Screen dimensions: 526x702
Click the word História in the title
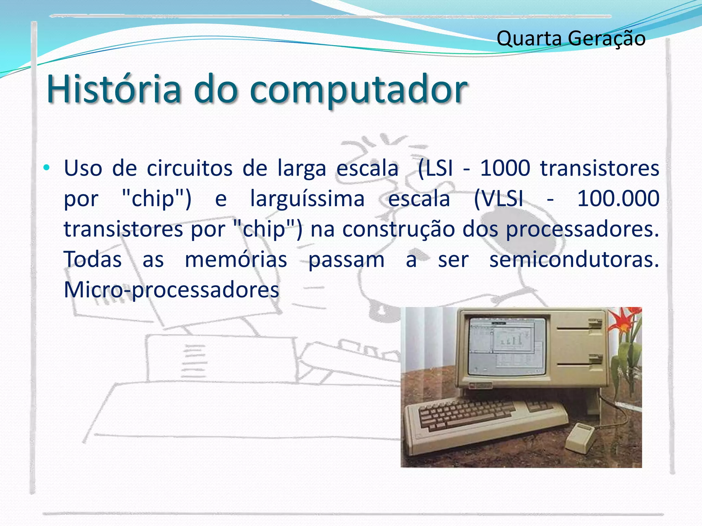click(113, 89)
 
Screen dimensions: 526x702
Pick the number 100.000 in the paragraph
click(618, 198)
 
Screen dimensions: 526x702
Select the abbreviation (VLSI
click(499, 199)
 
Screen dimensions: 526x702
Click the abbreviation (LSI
click(435, 168)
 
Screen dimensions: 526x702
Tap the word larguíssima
click(307, 199)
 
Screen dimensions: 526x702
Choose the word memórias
click(236, 259)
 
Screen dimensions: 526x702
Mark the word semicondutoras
click(574, 259)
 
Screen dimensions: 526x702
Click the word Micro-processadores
click(171, 290)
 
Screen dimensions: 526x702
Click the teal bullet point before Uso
click(47, 168)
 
